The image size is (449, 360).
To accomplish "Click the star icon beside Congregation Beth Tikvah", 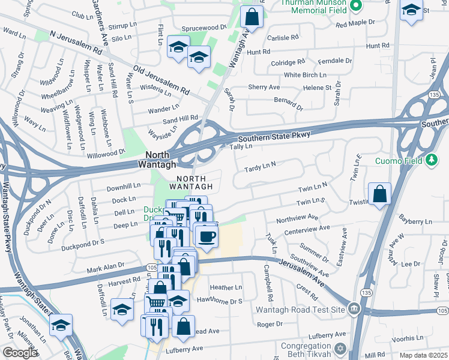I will [x=340, y=349].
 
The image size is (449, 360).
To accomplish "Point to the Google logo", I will [x=20, y=353].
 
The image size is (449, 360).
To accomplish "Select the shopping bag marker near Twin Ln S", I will [x=379, y=194].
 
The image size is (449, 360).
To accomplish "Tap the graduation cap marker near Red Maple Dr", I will [x=411, y=10].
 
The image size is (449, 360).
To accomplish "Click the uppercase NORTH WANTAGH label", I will [x=191, y=183].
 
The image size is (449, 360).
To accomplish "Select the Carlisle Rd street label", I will [x=282, y=37].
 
